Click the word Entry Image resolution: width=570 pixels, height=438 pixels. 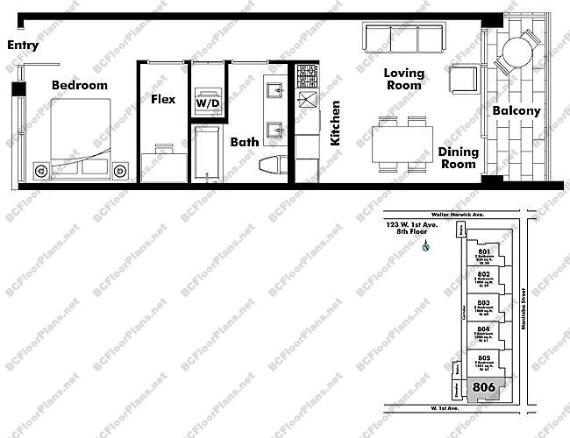23,46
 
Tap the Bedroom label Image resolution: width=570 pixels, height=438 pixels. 79,85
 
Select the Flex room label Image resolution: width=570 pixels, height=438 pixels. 163,100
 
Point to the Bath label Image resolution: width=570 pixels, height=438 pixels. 245,141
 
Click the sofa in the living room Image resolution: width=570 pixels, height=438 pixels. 404,39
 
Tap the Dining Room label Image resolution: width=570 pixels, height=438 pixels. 459,158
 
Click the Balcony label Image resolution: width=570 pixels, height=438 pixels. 516,111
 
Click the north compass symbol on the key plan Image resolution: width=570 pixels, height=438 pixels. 424,247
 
